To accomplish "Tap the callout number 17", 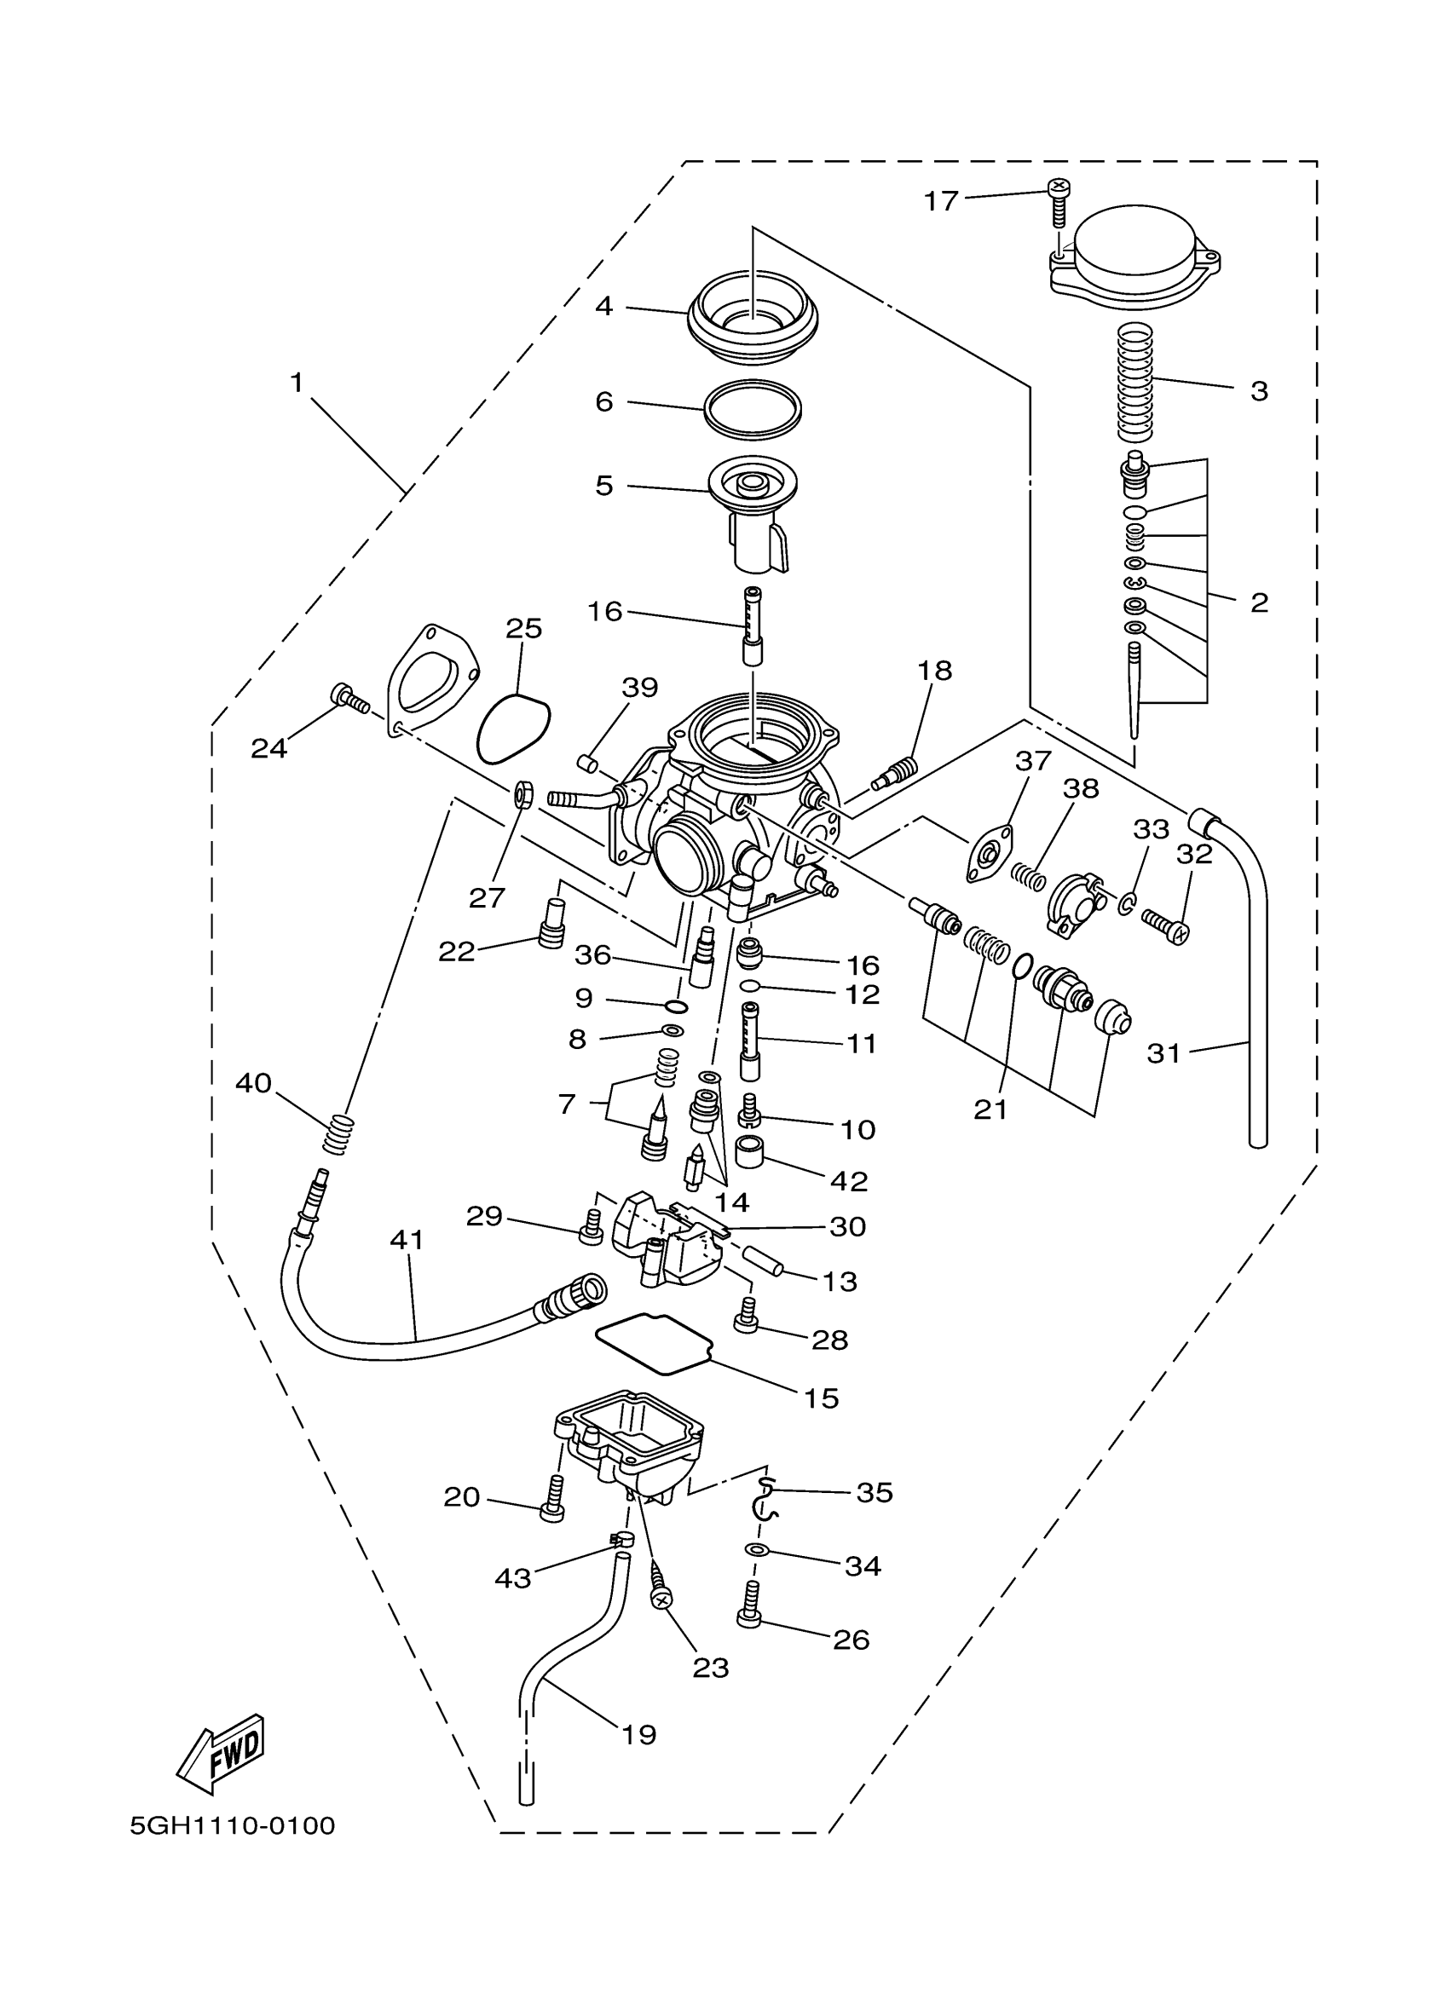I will click(x=940, y=202).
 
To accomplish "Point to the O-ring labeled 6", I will click(x=753, y=407).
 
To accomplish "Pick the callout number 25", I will click(x=524, y=629).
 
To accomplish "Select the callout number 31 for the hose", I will click(x=1163, y=1053).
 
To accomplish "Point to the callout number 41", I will click(x=407, y=1240).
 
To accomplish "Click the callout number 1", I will click(x=297, y=383).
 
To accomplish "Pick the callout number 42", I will click(x=849, y=1181).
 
